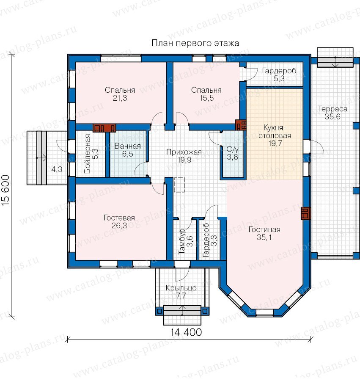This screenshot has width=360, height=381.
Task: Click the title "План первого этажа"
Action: (195, 43)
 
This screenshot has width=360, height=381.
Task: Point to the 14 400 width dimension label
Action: (186, 332)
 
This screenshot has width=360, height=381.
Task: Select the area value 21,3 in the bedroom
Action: (120, 98)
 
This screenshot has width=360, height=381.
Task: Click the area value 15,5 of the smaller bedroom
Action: (206, 98)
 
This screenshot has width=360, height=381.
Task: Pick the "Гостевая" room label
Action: (119, 218)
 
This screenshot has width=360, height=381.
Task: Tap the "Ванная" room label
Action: (128, 146)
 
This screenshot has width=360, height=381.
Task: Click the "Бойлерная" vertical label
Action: (88, 154)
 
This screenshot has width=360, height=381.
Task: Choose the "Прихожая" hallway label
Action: (184, 152)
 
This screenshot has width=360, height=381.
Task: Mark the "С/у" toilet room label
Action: (233, 149)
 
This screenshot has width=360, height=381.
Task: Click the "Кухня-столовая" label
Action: (275, 132)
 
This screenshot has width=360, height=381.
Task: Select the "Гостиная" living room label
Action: (264, 229)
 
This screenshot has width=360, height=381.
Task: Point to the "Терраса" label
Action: (333, 109)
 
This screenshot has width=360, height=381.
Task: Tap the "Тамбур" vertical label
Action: (181, 241)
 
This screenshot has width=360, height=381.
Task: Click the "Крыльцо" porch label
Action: (181, 288)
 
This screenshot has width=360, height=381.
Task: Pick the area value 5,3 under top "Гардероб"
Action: (279, 78)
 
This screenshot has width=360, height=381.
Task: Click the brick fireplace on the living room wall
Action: (305, 213)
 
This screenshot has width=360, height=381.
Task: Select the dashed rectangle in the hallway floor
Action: (179, 185)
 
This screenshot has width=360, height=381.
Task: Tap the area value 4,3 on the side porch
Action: (57, 169)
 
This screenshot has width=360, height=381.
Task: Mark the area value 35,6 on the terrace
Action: (333, 117)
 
